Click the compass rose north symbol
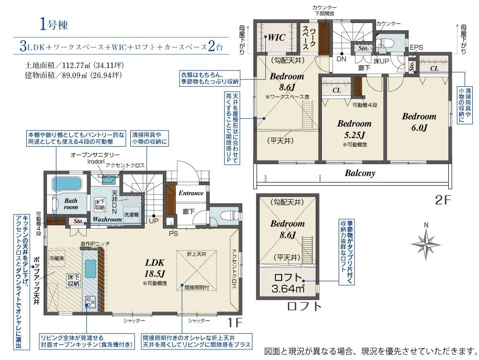click(426, 243)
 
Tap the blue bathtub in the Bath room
click(67, 184)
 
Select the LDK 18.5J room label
click(155, 268)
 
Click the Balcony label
click(360, 173)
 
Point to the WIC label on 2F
click(276, 37)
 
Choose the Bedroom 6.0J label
click(419, 122)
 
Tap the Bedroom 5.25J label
click(354, 129)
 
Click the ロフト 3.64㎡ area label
click(288, 283)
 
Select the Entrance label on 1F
click(191, 193)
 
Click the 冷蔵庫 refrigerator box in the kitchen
click(57, 258)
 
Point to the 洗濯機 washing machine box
click(131, 215)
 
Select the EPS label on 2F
click(416, 47)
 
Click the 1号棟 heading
click(54, 24)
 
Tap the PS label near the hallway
click(173, 233)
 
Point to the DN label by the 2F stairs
click(341, 58)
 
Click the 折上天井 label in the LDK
click(196, 254)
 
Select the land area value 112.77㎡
click(76, 65)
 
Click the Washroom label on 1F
click(107, 220)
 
